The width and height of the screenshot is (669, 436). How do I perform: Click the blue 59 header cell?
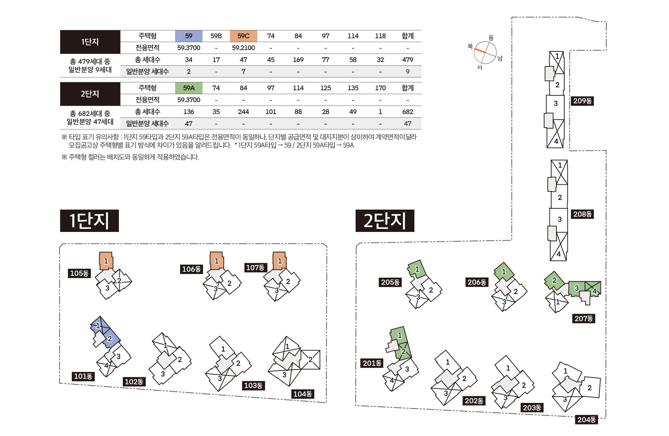pos(188,36)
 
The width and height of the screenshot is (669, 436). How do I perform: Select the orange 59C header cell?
pos(243,36)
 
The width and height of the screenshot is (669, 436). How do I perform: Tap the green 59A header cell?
pos(188,88)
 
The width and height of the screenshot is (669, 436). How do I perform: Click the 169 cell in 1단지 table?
pos(298,60)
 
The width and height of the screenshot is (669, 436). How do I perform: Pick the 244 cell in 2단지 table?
pos(243,112)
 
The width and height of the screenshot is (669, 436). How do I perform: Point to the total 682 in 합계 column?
pos(407,112)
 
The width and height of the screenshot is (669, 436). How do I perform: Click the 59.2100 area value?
pos(243,48)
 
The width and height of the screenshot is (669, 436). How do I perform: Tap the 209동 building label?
pos(582,101)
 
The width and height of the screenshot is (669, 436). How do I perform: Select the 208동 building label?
pos(582,214)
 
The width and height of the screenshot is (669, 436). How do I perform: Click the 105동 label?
pos(79,274)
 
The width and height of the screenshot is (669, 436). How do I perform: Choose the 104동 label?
pos(302,394)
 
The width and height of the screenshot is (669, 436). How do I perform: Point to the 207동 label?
pos(584,319)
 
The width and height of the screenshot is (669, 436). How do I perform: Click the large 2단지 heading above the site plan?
pos(385,221)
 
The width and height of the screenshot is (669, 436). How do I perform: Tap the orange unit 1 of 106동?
pos(217,261)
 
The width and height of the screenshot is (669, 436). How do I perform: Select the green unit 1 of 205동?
pos(417,269)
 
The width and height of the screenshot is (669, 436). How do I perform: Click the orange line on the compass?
pos(480,51)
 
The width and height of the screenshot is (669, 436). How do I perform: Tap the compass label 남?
pos(500,58)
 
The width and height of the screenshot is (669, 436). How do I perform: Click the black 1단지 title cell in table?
pos(90,42)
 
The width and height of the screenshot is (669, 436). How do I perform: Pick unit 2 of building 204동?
pos(589,388)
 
